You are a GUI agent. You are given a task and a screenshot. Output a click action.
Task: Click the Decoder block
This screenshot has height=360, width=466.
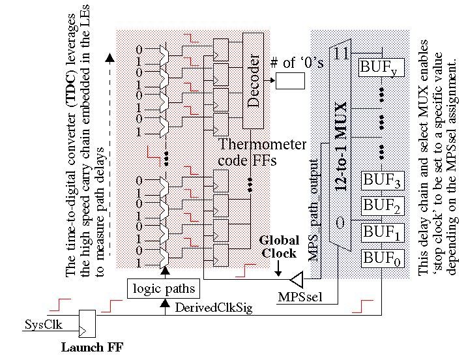tap(254, 81)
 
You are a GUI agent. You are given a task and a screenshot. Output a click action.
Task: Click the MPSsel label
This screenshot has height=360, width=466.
tap(299, 297)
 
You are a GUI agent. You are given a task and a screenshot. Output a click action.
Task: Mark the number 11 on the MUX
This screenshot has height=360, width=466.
tap(341, 53)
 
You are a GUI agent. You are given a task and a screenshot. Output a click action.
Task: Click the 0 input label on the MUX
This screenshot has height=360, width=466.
tap(340, 224)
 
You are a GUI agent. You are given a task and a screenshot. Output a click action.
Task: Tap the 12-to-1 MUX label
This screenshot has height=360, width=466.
tap(341, 146)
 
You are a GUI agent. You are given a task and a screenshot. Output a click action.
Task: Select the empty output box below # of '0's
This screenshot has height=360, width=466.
tap(290, 80)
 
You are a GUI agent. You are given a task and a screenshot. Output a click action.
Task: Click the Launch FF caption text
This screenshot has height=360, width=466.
tap(92, 347)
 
